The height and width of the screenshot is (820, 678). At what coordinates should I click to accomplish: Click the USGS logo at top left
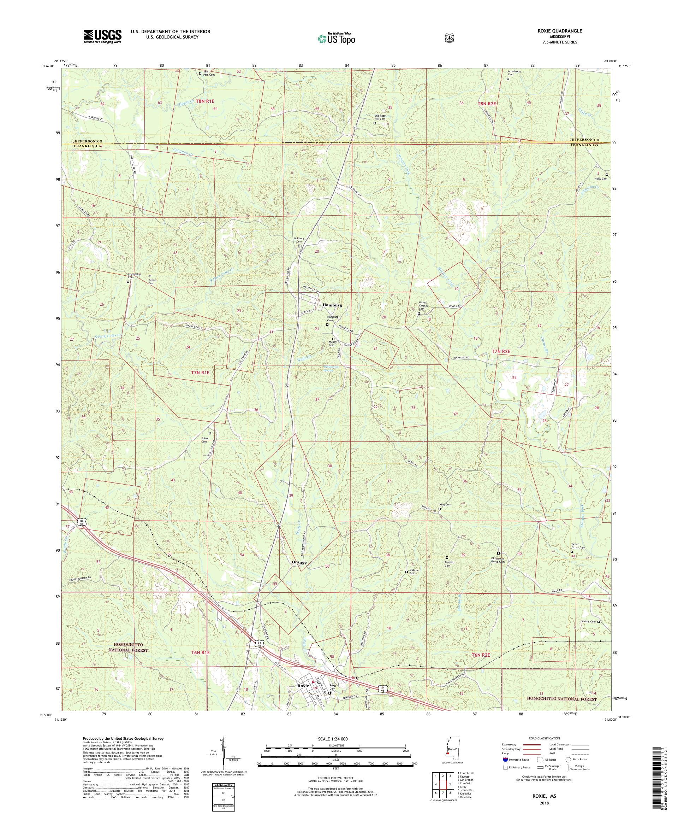pyautogui.click(x=102, y=36)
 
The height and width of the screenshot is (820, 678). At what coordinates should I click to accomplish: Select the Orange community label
pyautogui.click(x=299, y=562)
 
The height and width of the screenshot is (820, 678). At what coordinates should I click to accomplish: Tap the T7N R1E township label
pyautogui.click(x=200, y=373)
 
